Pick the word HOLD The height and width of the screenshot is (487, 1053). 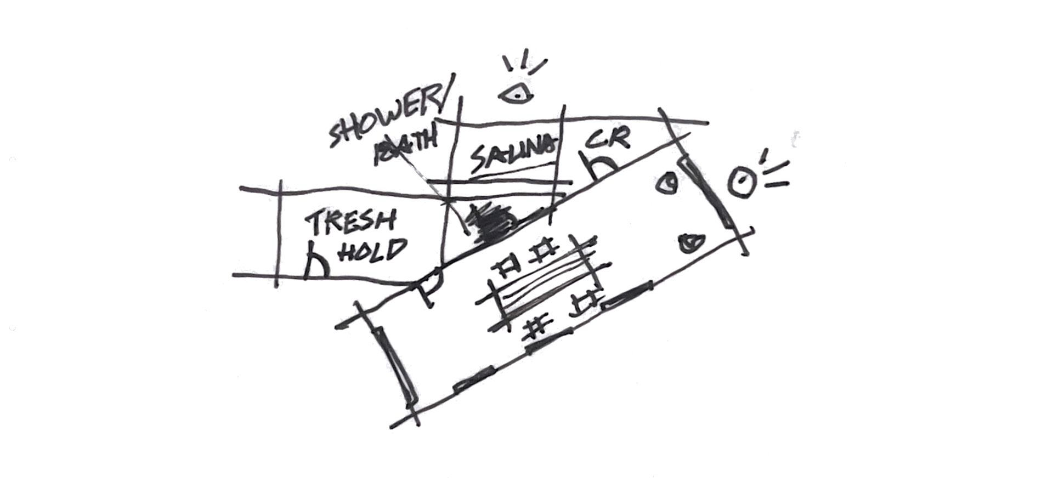tap(373, 251)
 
